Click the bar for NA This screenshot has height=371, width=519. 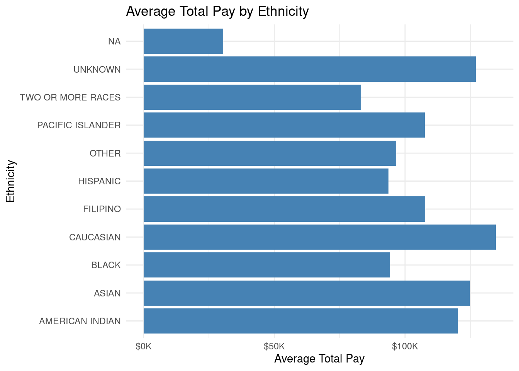click(x=183, y=41)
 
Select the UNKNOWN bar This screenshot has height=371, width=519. click(x=309, y=69)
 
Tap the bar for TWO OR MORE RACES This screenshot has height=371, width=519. click(x=252, y=97)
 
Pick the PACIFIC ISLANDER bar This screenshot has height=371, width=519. click(x=284, y=125)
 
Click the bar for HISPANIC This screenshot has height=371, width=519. click(x=266, y=181)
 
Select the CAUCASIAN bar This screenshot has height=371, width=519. click(x=319, y=237)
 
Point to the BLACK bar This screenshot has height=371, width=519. click(x=266, y=265)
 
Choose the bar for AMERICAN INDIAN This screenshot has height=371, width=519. click(x=300, y=321)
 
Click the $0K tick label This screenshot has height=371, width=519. click(x=144, y=346)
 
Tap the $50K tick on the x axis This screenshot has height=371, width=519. click(x=274, y=346)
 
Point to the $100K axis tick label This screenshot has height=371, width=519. click(x=405, y=346)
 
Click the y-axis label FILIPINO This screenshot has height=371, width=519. click(x=102, y=209)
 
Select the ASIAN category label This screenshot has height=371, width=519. click(x=107, y=293)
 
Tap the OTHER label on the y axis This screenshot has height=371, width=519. click(x=105, y=153)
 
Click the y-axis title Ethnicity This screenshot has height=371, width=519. click(x=10, y=181)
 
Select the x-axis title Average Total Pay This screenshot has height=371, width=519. click(x=319, y=359)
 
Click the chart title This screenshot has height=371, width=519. click(x=217, y=12)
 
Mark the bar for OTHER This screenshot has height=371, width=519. click(x=270, y=153)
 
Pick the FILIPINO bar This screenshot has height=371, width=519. click(x=284, y=209)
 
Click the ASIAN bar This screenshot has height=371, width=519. click(x=307, y=293)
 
